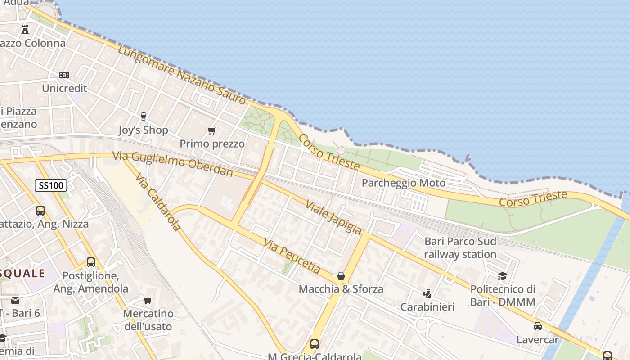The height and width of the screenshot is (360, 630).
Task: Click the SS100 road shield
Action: (51, 185)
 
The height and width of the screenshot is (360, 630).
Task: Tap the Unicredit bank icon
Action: (64, 75)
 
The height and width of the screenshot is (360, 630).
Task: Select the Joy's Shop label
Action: (143, 130)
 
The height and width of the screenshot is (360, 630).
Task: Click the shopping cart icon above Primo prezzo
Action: (211, 131)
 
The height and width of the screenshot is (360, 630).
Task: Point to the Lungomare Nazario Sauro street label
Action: (182, 75)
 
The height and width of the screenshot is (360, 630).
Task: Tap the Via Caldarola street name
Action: (158, 202)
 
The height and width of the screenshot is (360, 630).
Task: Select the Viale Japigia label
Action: (333, 217)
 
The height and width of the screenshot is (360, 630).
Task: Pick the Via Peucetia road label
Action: (292, 256)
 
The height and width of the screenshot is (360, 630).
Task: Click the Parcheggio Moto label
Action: (404, 183)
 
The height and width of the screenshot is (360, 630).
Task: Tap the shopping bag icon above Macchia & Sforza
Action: (341, 276)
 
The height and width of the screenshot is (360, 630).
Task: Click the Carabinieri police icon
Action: (427, 294)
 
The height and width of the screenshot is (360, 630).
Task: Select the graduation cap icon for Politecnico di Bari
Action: (502, 276)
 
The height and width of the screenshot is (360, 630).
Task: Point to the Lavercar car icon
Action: (537, 326)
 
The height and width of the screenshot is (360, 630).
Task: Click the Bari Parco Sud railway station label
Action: (460, 248)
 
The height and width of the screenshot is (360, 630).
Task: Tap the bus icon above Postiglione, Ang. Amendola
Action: (91, 262)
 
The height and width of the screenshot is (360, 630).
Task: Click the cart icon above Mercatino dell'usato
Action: (148, 300)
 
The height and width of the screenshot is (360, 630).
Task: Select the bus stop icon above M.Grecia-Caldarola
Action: (315, 344)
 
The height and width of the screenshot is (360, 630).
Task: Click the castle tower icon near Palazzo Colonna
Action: (25, 30)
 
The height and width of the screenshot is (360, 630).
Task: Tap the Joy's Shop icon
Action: (144, 117)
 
